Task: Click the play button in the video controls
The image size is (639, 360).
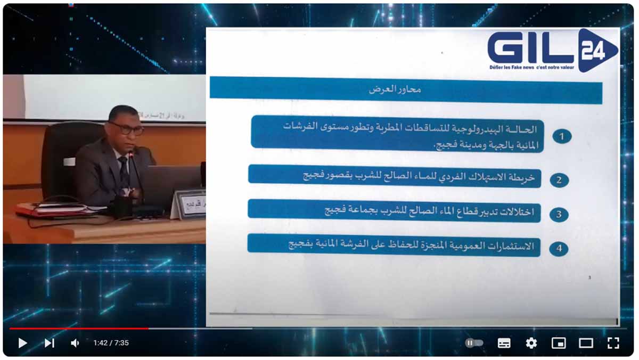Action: (22, 343)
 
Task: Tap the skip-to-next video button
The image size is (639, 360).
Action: (49, 343)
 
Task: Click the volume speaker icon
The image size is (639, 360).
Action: (75, 343)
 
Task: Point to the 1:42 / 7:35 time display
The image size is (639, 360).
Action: (111, 343)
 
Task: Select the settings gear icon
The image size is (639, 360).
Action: (531, 343)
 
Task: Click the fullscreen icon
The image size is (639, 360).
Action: (613, 343)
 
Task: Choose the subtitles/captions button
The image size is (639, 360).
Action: (504, 343)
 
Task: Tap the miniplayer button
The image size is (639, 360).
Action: (558, 343)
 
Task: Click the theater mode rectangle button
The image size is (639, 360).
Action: (586, 343)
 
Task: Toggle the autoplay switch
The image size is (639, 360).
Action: (474, 343)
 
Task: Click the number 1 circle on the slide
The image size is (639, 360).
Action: (561, 136)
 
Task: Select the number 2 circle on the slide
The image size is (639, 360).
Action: (559, 180)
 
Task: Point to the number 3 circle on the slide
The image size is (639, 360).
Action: (559, 215)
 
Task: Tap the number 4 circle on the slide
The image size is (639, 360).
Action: (559, 248)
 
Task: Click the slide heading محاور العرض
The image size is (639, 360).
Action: (395, 89)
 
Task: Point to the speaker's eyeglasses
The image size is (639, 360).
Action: (127, 128)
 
